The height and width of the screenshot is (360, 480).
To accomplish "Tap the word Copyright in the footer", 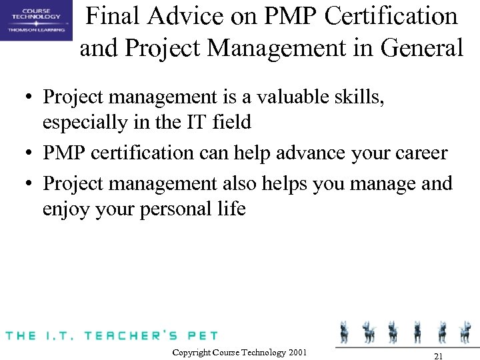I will tap(191, 352).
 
